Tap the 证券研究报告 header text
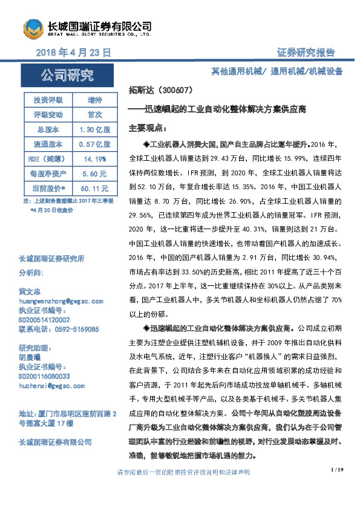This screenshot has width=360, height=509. click(x=306, y=53)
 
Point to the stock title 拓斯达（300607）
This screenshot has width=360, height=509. click(x=161, y=91)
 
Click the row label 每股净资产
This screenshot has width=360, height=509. click(x=47, y=175)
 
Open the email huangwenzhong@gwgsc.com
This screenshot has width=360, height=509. click(x=61, y=300)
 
